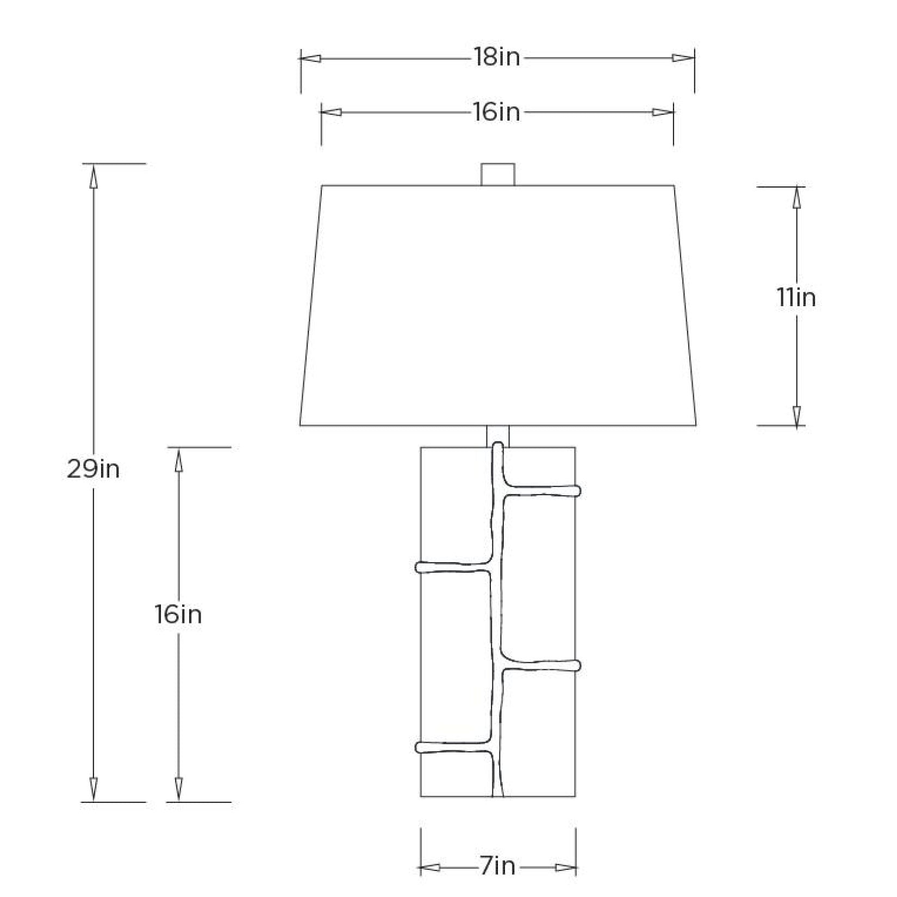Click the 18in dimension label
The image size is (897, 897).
(x=496, y=57)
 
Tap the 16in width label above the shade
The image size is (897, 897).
(x=496, y=112)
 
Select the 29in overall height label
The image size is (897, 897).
(x=93, y=469)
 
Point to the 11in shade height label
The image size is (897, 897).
(x=796, y=298)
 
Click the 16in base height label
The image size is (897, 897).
(x=178, y=615)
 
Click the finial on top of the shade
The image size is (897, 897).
(x=497, y=174)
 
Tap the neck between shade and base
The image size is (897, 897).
(x=497, y=436)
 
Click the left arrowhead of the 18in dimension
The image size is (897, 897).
(x=310, y=58)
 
